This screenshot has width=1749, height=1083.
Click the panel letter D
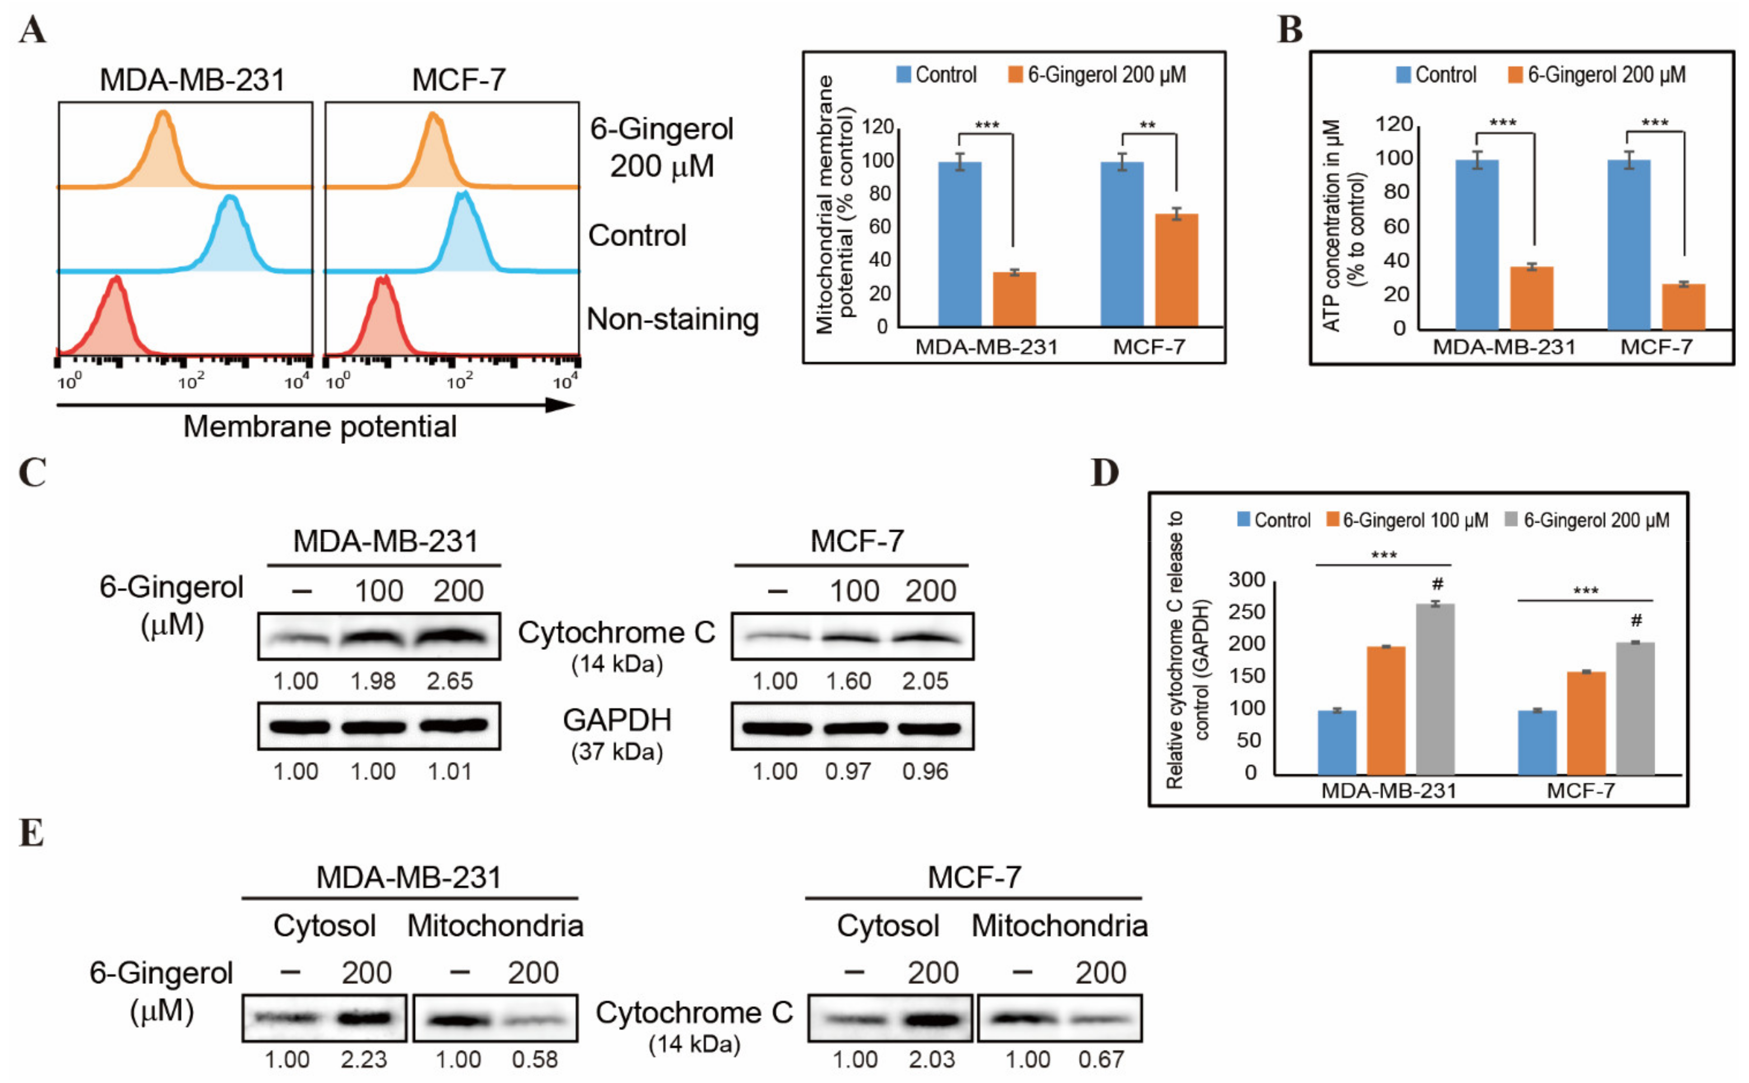tap(1104, 473)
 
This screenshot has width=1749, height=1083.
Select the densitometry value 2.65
tap(450, 681)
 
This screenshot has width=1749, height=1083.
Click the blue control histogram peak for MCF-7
tap(464, 197)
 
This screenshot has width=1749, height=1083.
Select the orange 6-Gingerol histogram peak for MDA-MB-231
tap(164, 115)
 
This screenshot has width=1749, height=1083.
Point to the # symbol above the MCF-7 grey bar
tap(1636, 620)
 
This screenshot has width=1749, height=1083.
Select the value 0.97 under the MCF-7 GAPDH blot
tap(848, 771)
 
